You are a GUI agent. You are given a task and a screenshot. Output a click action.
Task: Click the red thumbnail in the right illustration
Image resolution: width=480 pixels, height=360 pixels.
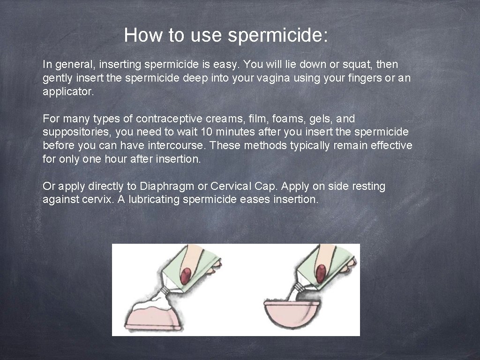(321, 274)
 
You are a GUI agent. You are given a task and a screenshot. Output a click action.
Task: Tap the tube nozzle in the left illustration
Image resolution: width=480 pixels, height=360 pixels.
(165, 292)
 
